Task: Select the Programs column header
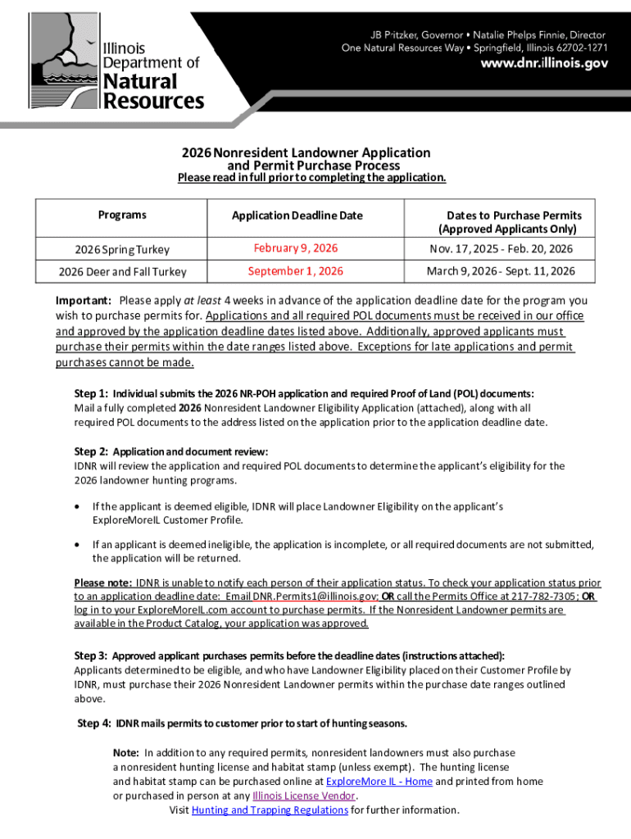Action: [122, 215]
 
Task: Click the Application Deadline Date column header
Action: [296, 215]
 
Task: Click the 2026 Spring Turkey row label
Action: [122, 249]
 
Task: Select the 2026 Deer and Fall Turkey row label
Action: [122, 272]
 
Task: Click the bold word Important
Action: [84, 301]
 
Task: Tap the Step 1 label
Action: [90, 393]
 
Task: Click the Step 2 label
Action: [90, 451]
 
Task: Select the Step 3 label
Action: [90, 655]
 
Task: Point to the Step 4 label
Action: [93, 723]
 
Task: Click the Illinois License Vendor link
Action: [304, 796]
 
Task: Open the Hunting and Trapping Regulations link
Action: [270, 810]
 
